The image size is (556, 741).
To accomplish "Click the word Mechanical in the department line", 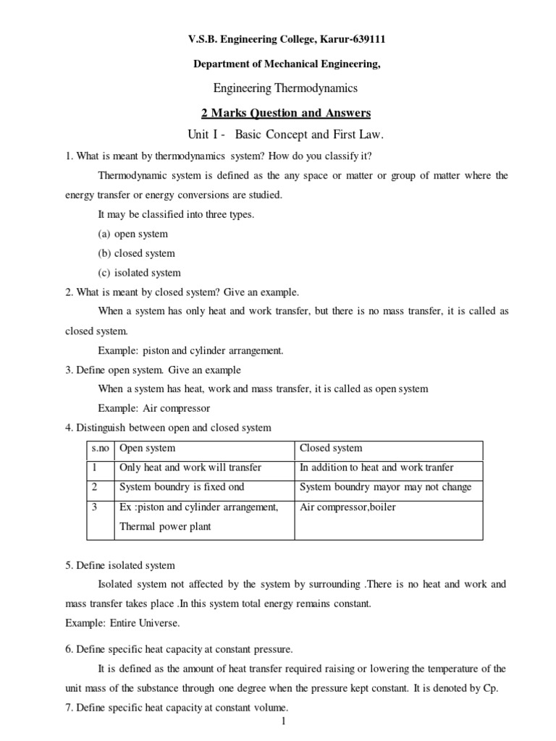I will click(x=285, y=64).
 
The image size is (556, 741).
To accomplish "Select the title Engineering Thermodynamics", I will click(x=285, y=88).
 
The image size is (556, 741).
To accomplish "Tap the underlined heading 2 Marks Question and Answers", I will click(x=285, y=113).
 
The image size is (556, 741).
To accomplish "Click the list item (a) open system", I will click(x=132, y=234).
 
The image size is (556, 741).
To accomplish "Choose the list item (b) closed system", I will click(x=136, y=253).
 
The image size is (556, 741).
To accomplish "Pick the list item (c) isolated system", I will click(x=139, y=273).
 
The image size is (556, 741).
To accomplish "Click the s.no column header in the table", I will click(x=99, y=449).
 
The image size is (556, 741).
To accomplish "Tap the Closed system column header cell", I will click(x=331, y=449).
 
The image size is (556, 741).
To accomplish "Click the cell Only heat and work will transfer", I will click(x=190, y=467).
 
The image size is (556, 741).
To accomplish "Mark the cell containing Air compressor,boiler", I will click(x=347, y=507).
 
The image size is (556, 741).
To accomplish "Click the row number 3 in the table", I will click(x=94, y=507).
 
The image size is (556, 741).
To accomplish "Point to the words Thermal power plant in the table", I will click(x=165, y=527).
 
